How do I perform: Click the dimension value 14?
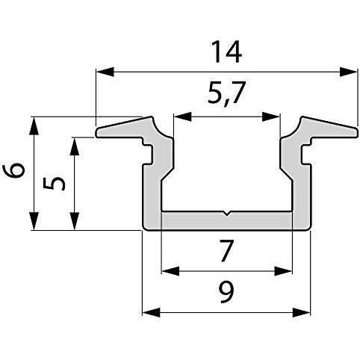225,52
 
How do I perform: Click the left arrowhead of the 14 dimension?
103,72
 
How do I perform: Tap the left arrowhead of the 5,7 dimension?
179,117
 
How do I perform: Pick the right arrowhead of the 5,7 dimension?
274,117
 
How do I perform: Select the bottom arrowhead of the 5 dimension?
73,225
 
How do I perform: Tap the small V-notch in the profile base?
226,216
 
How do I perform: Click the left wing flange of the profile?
123,130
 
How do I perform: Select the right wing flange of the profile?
329,130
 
